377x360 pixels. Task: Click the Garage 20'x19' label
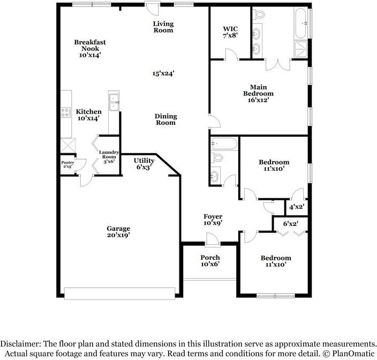tap(118, 231)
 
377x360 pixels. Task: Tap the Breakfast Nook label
tap(90, 48)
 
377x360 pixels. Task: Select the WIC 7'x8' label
tap(230, 31)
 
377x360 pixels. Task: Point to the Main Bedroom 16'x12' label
tap(258, 93)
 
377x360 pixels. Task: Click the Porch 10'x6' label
tap(210, 261)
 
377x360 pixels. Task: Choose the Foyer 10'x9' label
tap(213, 220)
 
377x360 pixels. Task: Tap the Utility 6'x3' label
tap(144, 163)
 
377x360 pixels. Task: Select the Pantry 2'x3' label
tap(67, 164)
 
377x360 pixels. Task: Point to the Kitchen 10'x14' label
tap(89, 115)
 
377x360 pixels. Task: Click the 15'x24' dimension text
tap(164, 73)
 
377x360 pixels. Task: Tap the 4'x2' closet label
tap(296, 207)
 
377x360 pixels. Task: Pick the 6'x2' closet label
tap(290, 223)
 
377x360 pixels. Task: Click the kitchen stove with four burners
tap(65, 112)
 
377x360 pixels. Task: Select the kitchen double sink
tap(114, 102)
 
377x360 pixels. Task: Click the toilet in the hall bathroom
tap(217, 157)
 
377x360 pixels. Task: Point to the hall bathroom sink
tap(215, 176)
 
